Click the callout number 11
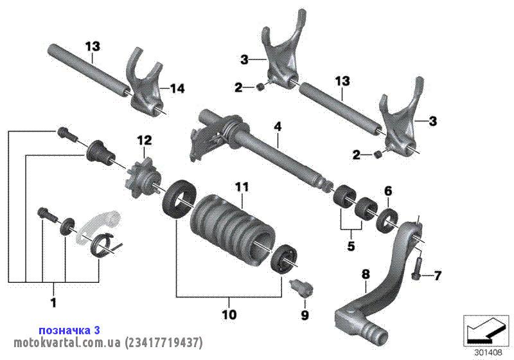(x=241, y=187)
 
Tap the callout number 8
(x=366, y=274)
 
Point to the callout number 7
(x=438, y=276)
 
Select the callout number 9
(x=305, y=315)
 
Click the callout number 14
(x=177, y=89)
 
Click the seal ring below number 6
(x=388, y=219)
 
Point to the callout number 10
(x=229, y=315)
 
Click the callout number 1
(x=53, y=301)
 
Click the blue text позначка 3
(x=69, y=330)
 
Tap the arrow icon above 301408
(x=486, y=330)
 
